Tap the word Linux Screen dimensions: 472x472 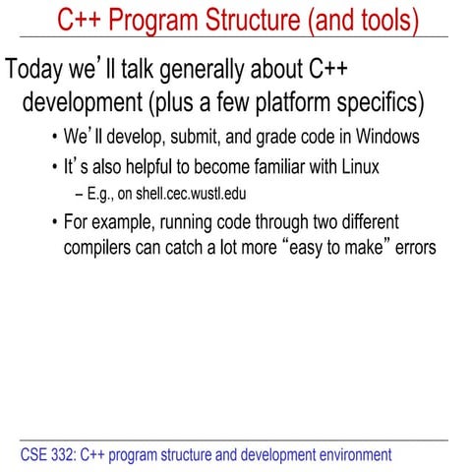click(352, 167)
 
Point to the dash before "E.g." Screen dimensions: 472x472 click(79, 194)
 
